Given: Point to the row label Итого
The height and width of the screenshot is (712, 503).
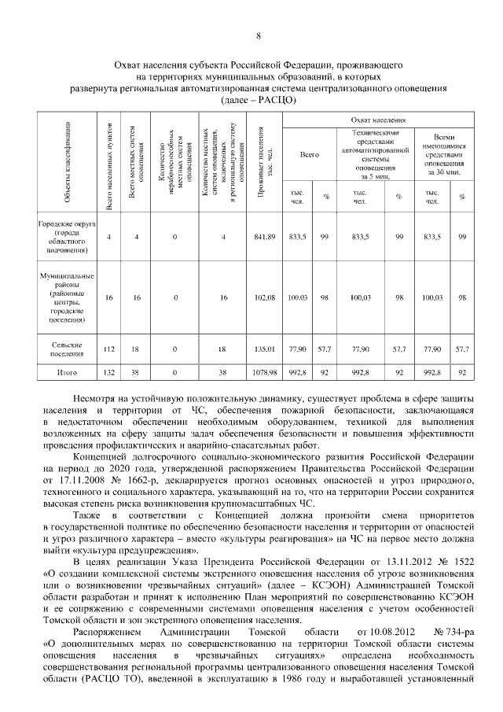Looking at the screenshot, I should pyautogui.click(x=66, y=373).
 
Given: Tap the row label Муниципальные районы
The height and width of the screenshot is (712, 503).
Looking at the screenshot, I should pyautogui.click(x=66, y=297).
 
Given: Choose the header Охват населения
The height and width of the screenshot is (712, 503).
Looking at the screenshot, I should pyautogui.click(x=378, y=120).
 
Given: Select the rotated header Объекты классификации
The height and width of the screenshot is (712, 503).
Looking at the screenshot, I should pyautogui.click(x=67, y=162).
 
